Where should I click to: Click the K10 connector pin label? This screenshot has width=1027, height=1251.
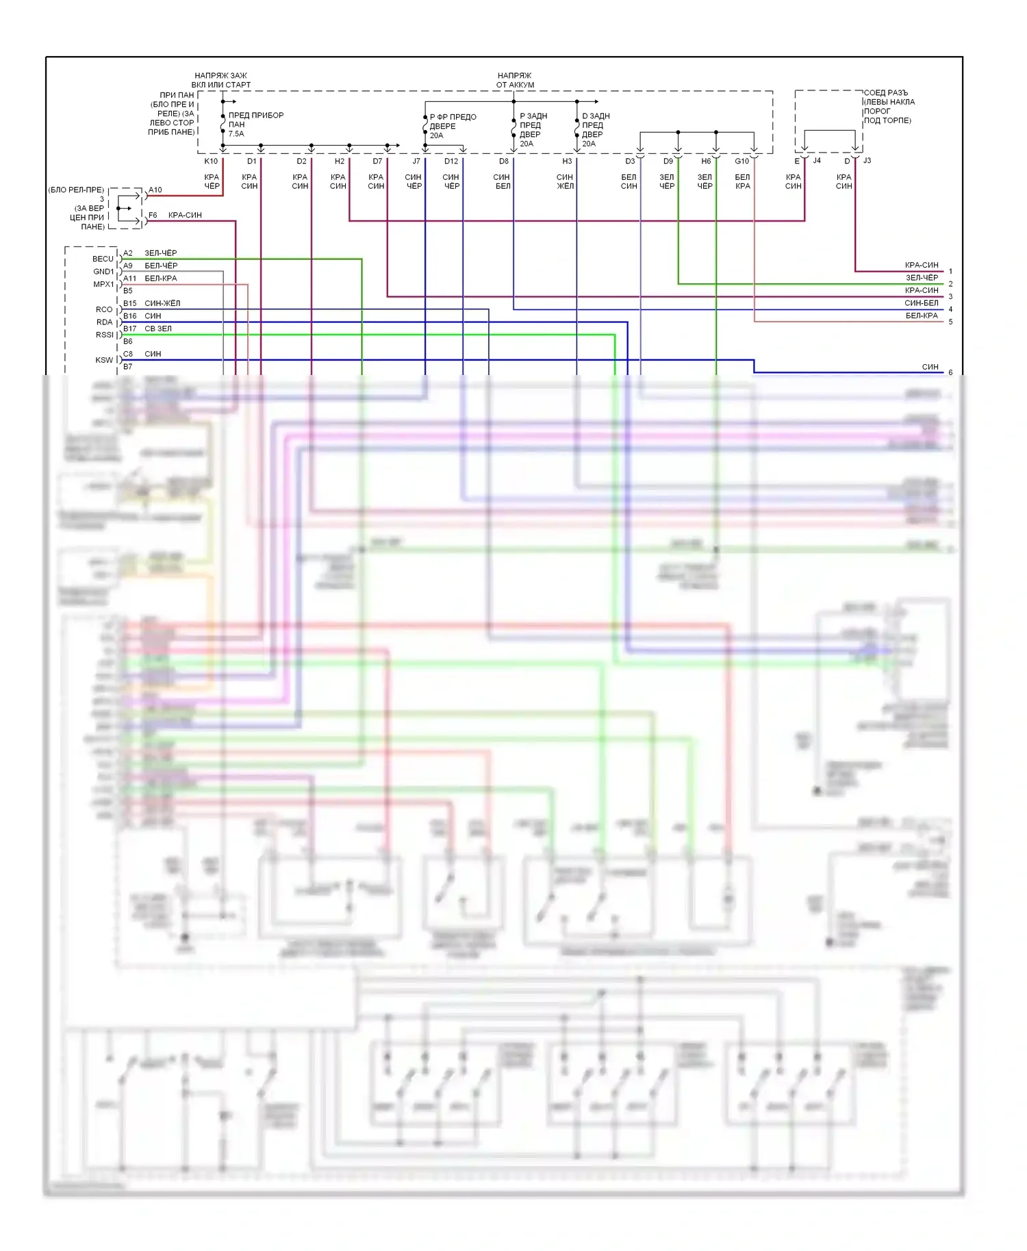pyautogui.click(x=211, y=162)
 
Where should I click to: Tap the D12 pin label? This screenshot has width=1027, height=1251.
pyautogui.click(x=451, y=162)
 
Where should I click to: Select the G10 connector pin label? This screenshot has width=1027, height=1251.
pyautogui.click(x=742, y=162)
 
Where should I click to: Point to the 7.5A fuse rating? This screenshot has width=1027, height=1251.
pyautogui.click(x=236, y=134)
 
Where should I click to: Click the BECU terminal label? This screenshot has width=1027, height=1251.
pyautogui.click(x=103, y=259)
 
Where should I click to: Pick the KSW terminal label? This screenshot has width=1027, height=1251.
pyautogui.click(x=104, y=360)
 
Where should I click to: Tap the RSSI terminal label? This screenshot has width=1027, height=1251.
pyautogui.click(x=105, y=335)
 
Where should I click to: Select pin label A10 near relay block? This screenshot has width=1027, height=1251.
pyautogui.click(x=155, y=190)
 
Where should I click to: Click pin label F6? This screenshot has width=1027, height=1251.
pyautogui.click(x=153, y=215)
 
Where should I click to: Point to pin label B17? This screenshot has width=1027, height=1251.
pyautogui.click(x=129, y=328)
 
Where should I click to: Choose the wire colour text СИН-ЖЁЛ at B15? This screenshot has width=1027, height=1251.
pyautogui.click(x=162, y=303)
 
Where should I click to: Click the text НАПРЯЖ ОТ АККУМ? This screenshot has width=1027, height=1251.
pyautogui.click(x=515, y=80)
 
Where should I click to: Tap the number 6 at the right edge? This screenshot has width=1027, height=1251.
pyautogui.click(x=950, y=373)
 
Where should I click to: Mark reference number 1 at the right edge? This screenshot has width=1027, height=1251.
pyautogui.click(x=950, y=272)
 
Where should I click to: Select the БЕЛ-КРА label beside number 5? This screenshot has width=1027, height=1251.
pyautogui.click(x=922, y=315)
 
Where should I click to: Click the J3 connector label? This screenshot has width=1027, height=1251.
pyautogui.click(x=867, y=161)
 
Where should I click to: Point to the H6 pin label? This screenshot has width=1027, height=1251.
pyautogui.click(x=706, y=162)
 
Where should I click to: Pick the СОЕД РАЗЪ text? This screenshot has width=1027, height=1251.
pyautogui.click(x=885, y=93)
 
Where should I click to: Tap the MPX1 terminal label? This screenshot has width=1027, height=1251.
pyautogui.click(x=103, y=284)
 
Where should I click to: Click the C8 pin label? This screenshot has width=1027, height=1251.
pyautogui.click(x=128, y=354)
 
